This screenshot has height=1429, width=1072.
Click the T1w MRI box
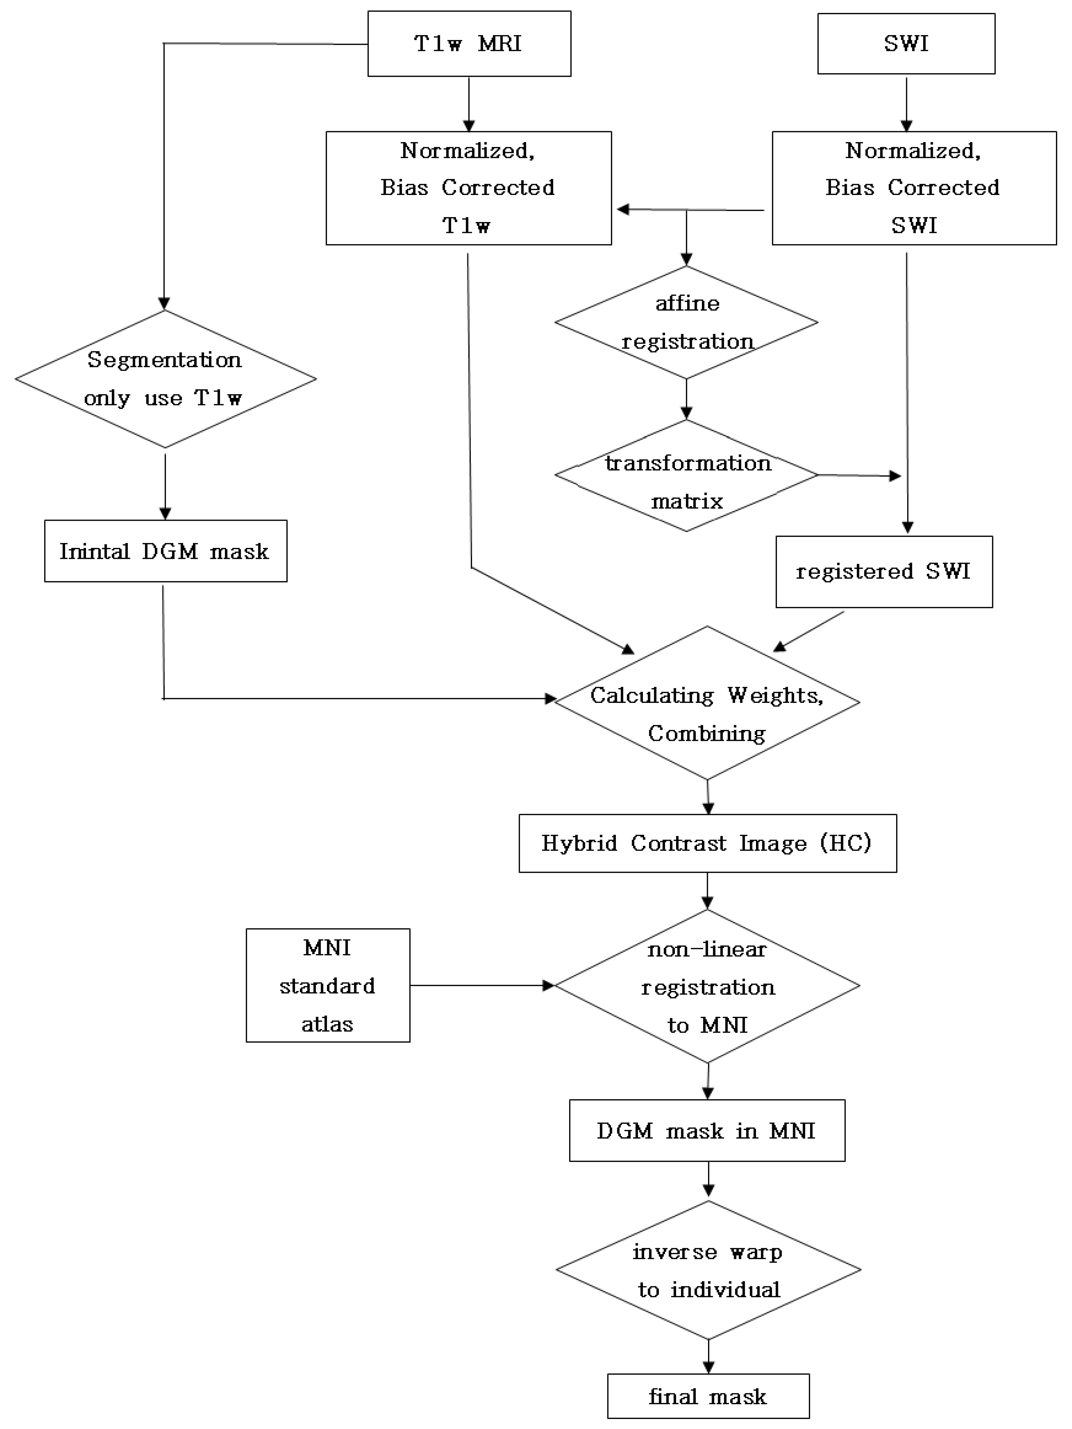click(469, 44)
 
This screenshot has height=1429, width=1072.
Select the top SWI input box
click(906, 44)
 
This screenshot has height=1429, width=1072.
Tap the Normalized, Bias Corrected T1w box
click(468, 188)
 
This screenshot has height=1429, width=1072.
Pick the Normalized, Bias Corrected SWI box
click(914, 188)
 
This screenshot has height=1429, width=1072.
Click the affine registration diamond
click(686, 322)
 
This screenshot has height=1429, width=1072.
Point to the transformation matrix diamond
click(686, 475)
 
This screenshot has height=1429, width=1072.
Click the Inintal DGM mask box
click(165, 551)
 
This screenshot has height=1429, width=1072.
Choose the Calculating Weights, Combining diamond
click(707, 703)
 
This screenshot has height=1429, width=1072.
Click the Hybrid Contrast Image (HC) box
click(707, 843)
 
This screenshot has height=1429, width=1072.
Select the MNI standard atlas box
click(327, 985)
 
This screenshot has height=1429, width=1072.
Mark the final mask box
click(708, 1397)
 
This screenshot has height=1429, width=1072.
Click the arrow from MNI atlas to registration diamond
click(481, 985)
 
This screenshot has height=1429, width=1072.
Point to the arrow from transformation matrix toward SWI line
click(859, 475)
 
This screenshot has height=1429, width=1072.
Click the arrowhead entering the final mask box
click(708, 1367)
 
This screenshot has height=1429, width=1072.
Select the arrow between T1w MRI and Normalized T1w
click(469, 103)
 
